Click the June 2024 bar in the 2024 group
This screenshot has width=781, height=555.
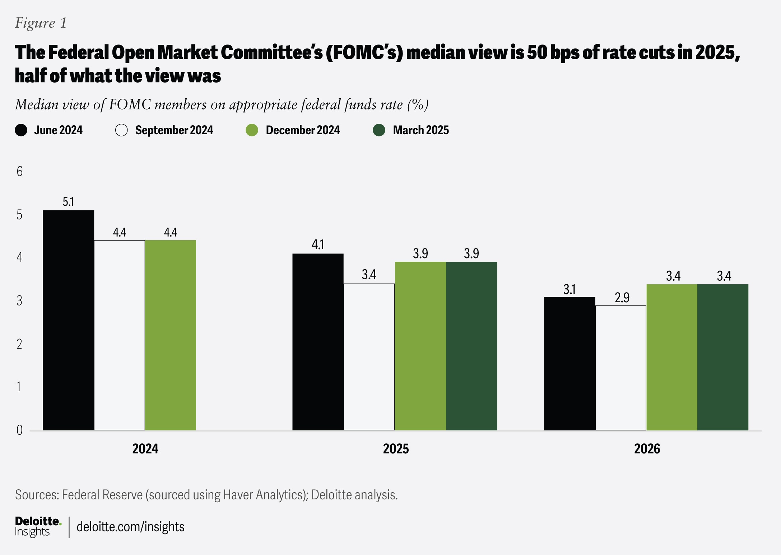(68, 320)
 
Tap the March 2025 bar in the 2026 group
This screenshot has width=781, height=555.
(723, 357)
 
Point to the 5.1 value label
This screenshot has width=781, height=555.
(68, 202)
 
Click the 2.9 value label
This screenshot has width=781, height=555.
(622, 298)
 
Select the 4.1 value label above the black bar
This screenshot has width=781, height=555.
(318, 245)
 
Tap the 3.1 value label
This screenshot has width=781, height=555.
(570, 289)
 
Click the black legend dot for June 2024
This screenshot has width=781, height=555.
(21, 130)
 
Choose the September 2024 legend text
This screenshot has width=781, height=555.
(174, 130)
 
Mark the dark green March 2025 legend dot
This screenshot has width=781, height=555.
(379, 130)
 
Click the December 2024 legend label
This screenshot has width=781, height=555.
(303, 130)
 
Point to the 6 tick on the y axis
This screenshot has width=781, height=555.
(19, 172)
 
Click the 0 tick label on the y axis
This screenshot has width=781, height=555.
(19, 430)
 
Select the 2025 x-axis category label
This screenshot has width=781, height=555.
(396, 449)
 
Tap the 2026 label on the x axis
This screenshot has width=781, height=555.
(647, 449)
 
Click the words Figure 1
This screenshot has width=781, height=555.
(41, 23)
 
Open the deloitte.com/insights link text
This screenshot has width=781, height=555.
(130, 527)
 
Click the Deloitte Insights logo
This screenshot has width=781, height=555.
(38, 526)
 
